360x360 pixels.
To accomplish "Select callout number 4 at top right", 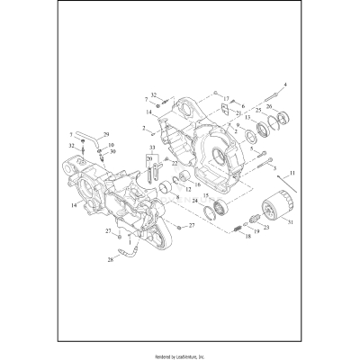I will click(x=285, y=85).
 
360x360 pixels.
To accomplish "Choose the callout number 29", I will click(x=105, y=133).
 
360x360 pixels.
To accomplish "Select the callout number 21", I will click(x=238, y=113).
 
